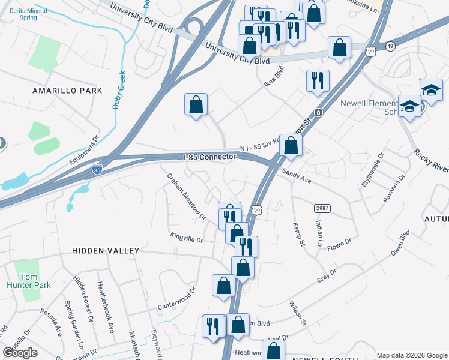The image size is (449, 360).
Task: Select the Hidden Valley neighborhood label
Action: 106,251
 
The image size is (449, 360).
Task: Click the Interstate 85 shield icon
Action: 97,170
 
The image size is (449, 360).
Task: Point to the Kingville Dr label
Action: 187,238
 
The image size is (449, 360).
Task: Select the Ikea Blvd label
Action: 274,81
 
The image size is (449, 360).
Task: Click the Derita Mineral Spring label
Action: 28,14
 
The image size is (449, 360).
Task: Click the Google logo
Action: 20,352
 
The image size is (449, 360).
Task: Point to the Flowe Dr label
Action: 339,242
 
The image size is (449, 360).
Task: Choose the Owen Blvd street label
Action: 400,243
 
